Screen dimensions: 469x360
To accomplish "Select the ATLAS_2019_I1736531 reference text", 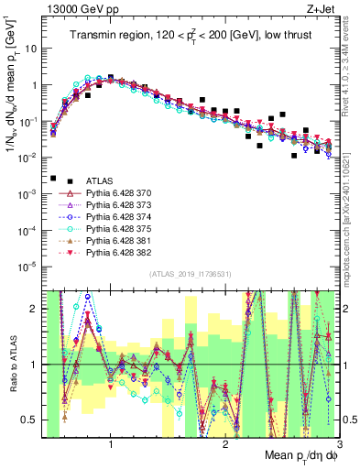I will pos(189,275).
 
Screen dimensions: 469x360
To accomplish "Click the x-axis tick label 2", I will pos(225,444).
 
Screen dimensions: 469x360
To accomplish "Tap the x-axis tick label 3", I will pos(339,444).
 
